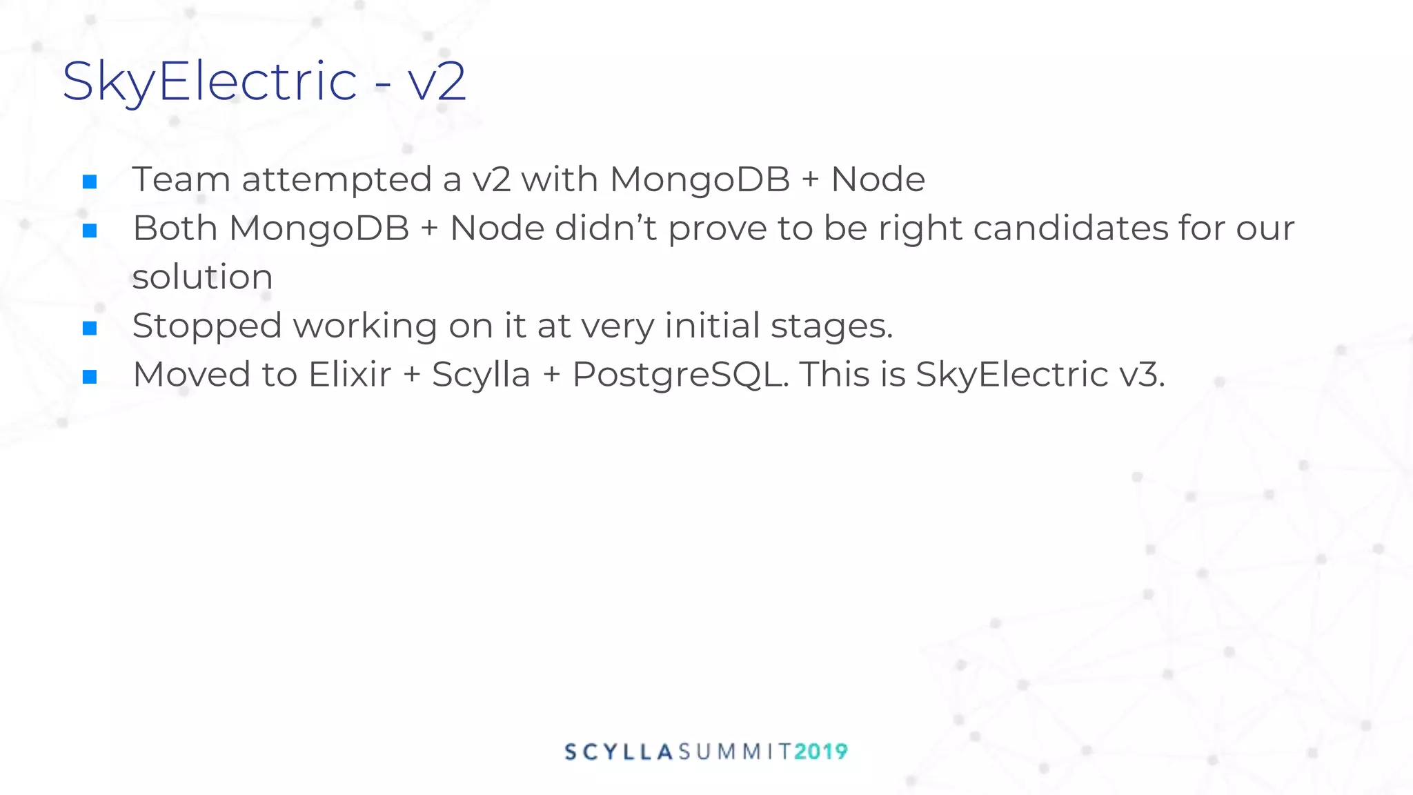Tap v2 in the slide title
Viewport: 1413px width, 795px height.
tap(437, 81)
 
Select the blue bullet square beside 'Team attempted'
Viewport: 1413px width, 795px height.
tap(90, 181)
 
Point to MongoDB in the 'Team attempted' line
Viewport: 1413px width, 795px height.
tap(700, 180)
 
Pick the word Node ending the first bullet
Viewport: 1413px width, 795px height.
tap(878, 179)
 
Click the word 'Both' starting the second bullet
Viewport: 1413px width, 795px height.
tap(175, 228)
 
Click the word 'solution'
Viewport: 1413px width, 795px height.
tap(202, 277)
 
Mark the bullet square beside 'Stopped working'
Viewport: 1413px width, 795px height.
tap(90, 328)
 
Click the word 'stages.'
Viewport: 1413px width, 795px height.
tap(831, 326)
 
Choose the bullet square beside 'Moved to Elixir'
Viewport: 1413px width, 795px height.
tap(90, 377)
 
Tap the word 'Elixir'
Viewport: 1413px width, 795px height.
tap(349, 375)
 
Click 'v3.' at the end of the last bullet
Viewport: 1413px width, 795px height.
tap(1142, 375)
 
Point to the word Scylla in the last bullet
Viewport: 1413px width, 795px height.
tap(481, 375)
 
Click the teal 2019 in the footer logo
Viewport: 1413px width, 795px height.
tap(821, 752)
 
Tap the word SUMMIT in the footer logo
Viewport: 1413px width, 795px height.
tap(735, 752)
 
